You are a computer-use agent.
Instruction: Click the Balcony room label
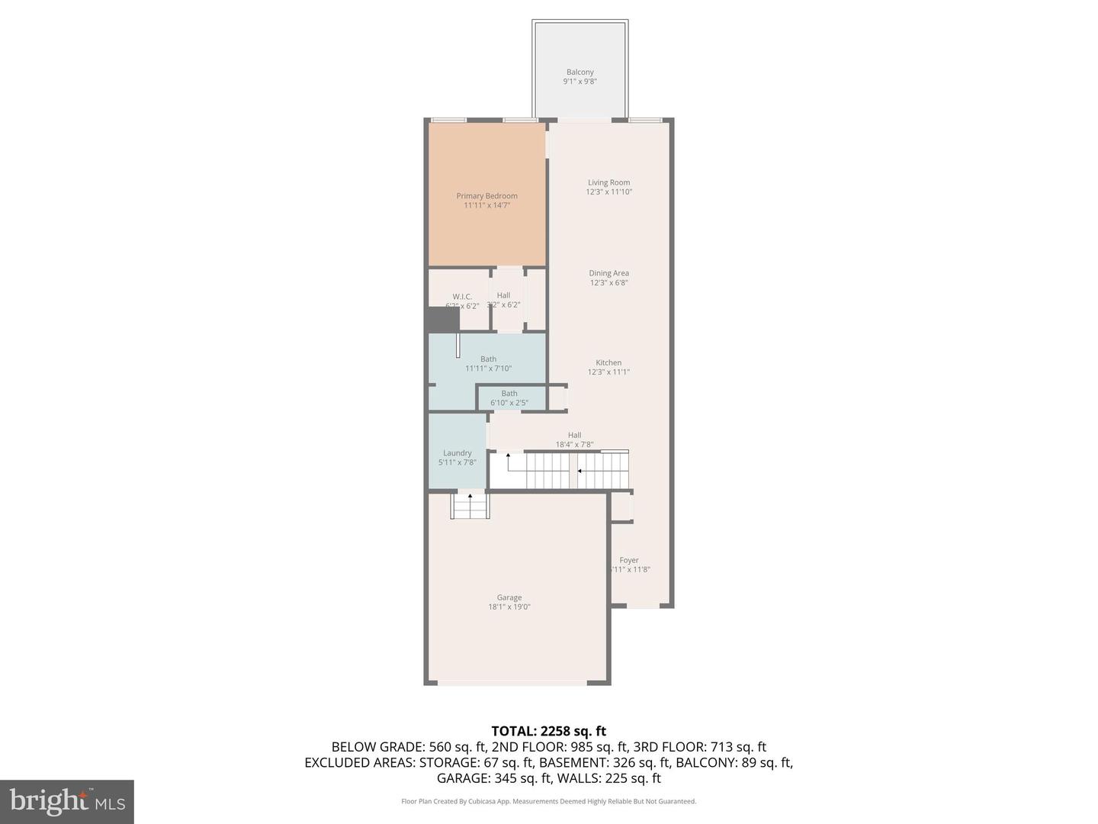click(579, 72)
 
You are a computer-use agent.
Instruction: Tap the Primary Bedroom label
click(486, 196)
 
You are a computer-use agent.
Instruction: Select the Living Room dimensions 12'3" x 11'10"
click(608, 192)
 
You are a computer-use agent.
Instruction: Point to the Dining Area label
click(608, 273)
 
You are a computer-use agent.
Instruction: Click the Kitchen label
click(608, 362)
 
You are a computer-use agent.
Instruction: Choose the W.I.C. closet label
click(462, 297)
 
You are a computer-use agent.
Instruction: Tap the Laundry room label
click(457, 452)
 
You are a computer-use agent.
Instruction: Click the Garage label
click(509, 597)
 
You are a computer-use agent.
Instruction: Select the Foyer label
click(629, 560)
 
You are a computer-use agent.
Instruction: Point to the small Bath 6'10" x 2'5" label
click(509, 398)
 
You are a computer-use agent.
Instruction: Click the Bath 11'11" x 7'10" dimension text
click(488, 369)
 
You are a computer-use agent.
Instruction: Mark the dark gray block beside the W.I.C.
click(442, 319)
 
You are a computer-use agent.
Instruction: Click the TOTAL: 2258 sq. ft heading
click(548, 731)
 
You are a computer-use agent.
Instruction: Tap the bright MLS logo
click(67, 801)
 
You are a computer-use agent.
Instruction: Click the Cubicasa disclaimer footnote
click(548, 801)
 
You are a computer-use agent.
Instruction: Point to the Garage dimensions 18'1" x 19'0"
click(509, 607)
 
